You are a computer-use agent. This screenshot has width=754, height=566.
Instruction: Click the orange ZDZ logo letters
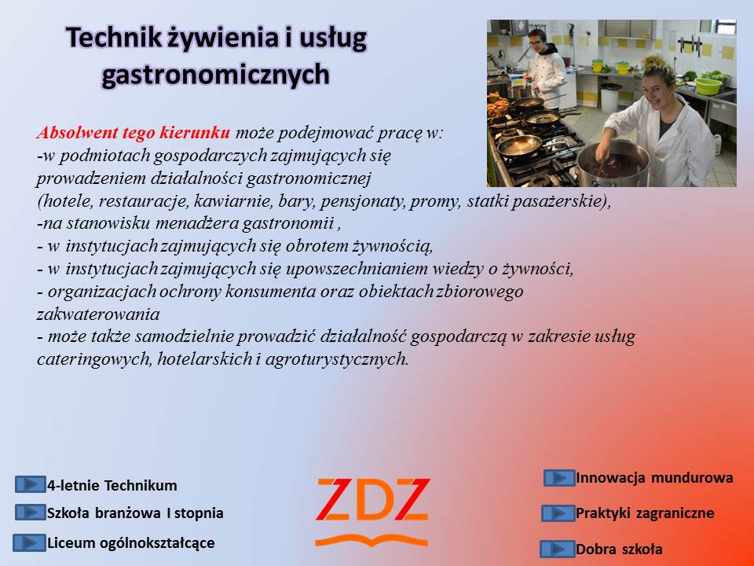pyautogui.click(x=372, y=500)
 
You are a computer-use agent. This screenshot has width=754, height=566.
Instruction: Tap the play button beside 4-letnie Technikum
pyautogui.click(x=30, y=484)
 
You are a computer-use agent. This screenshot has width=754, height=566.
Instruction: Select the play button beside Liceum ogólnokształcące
pyautogui.click(x=29, y=542)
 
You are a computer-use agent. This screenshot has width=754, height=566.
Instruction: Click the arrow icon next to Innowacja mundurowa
pyautogui.click(x=559, y=478)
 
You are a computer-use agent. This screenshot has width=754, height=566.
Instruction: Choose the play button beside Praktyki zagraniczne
pyautogui.click(x=558, y=513)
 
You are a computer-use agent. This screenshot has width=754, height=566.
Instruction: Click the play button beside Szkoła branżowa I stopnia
pyautogui.click(x=30, y=512)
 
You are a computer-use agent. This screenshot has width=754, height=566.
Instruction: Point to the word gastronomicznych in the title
pyautogui.click(x=216, y=75)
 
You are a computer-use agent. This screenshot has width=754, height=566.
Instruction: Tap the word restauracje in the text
pyautogui.click(x=143, y=201)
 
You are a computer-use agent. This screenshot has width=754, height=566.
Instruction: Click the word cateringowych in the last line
pyautogui.click(x=93, y=359)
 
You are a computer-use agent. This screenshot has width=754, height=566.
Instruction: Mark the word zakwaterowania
pyautogui.click(x=98, y=314)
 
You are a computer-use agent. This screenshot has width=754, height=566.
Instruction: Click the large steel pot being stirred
pyautogui.click(x=613, y=164)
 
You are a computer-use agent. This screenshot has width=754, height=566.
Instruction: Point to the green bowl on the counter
pyautogui.click(x=708, y=86)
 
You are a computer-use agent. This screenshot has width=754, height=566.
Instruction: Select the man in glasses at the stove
pyautogui.click(x=546, y=68)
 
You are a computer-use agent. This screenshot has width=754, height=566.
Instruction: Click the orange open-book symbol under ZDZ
pyautogui.click(x=372, y=541)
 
